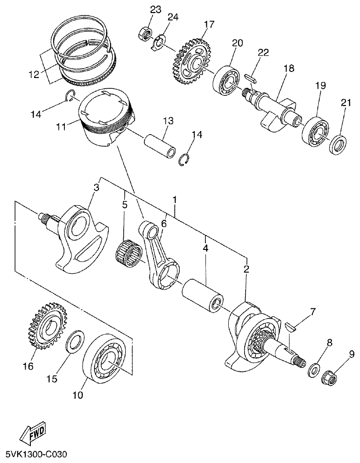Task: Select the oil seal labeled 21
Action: [x=339, y=143]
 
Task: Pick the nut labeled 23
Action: [x=144, y=34]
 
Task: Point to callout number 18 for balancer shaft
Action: [x=288, y=69]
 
